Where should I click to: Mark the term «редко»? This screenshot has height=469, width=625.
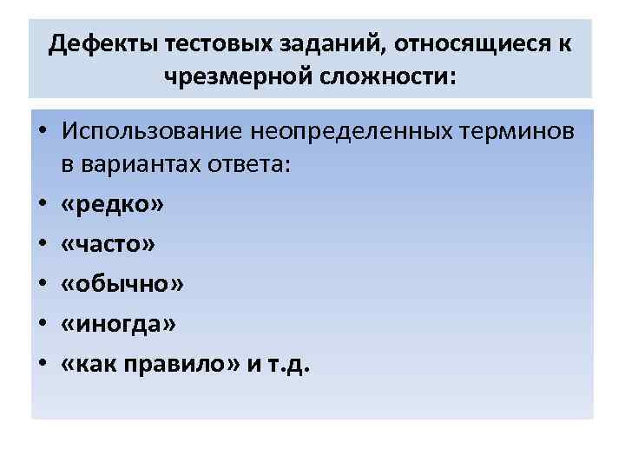coord(110,205)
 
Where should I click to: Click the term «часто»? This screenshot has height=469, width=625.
coord(109,245)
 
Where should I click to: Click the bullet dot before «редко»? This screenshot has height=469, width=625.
coord(41,206)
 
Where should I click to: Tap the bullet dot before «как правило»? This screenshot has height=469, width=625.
coord(41,366)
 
